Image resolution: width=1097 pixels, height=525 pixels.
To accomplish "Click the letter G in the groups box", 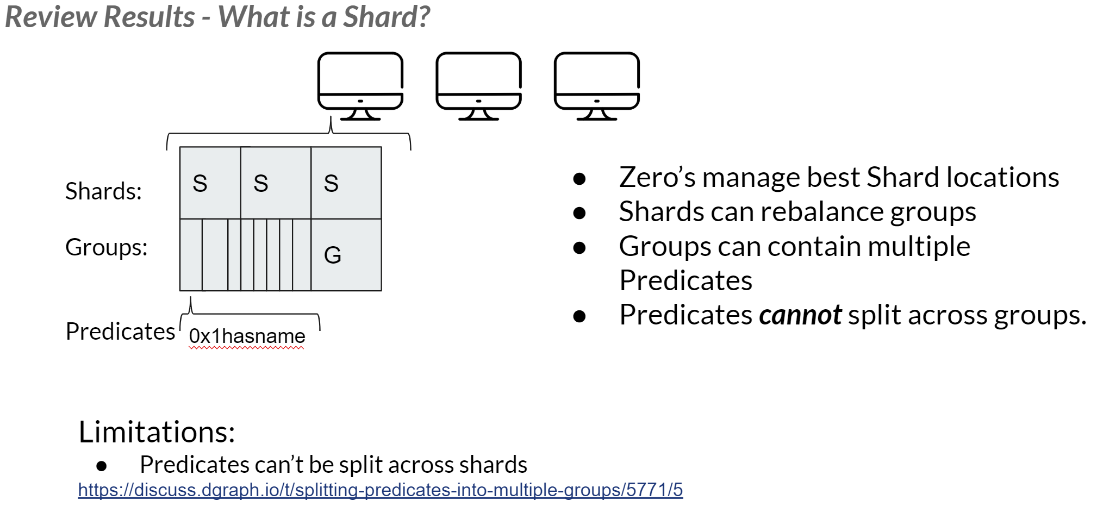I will point(333,255).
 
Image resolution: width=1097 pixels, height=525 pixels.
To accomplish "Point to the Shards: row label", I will point(103,191).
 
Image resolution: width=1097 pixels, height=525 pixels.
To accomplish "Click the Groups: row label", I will point(107,247).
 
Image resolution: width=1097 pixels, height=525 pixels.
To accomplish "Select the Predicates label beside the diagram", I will point(120,331).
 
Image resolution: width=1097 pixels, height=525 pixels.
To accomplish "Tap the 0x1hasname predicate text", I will point(247,336).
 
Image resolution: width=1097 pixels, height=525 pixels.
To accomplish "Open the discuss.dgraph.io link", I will point(380,490).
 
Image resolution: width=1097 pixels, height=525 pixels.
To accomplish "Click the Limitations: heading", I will point(157,432).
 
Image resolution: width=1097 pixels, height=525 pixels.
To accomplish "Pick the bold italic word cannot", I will point(800,315).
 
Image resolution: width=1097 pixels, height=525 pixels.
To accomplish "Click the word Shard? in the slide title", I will point(387,17).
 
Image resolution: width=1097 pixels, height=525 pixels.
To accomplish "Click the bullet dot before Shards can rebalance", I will point(579,213).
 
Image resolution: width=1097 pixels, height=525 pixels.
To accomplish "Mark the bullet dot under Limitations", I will point(102,466).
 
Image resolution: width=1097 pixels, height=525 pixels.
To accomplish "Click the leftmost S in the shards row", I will point(200,183).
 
